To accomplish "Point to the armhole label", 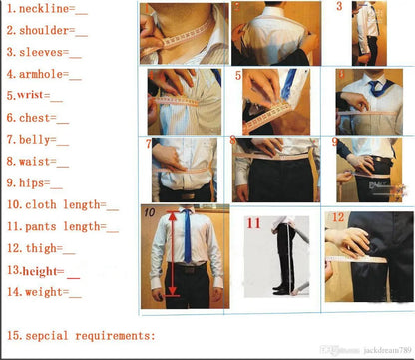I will (43, 74).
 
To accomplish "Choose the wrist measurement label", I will (36, 96).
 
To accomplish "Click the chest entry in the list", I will (36, 118).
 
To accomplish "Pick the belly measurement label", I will (38, 140).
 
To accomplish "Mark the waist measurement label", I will (38, 161).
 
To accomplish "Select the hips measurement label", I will (35, 183).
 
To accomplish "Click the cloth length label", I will (62, 205).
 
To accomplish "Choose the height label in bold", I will (42, 270).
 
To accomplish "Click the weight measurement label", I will (43, 292).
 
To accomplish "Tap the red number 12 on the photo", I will (338, 217).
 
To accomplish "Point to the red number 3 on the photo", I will (339, 7).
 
